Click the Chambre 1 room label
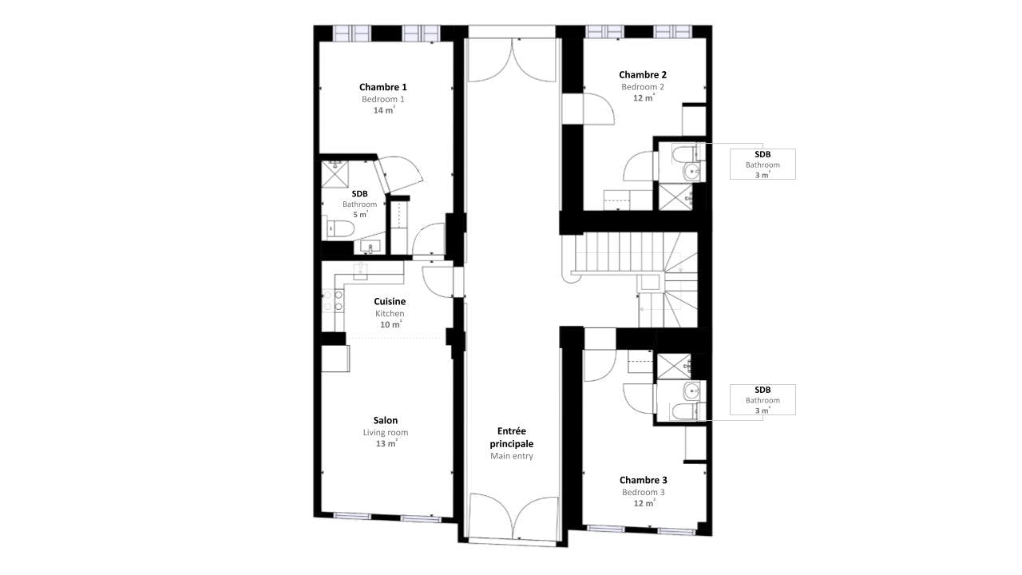pos(382,87)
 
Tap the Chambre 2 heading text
pos(643,74)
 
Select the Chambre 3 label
pos(643,480)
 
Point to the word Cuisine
pos(390,301)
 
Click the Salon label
pos(386,420)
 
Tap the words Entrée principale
pos(512,437)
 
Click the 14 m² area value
pos(384,110)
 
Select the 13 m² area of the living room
pos(386,443)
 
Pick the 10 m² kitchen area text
pos(390,324)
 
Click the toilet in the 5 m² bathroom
pos(340,228)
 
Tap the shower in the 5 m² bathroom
pos(335,174)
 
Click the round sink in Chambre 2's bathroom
pos(692,172)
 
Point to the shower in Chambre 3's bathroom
pos(674,367)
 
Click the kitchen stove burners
pos(333,301)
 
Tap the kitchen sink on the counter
pos(360,271)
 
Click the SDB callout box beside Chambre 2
pos(763,164)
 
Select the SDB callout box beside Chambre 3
pos(763,400)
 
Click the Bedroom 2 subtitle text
pos(643,87)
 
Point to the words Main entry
pos(512,456)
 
